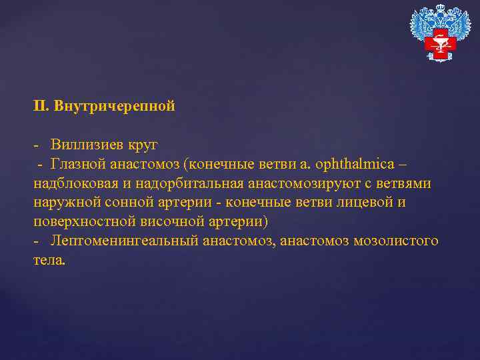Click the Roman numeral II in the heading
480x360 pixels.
pyautogui.click(x=40, y=106)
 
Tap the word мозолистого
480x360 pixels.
pyautogui.click(x=396, y=241)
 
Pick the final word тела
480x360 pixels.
pyautogui.click(x=49, y=260)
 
